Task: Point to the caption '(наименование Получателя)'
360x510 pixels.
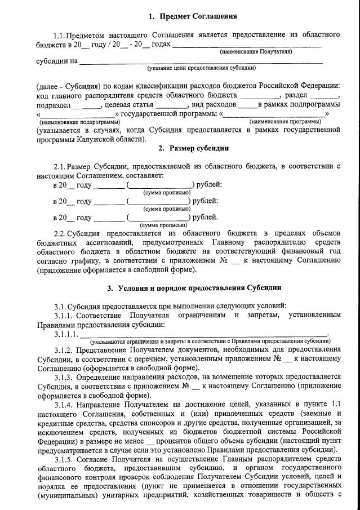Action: [256, 52]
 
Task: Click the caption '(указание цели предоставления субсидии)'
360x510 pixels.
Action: [201, 68]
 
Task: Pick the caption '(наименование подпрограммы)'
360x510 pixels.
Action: [79, 122]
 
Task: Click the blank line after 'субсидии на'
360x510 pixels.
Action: [201, 60]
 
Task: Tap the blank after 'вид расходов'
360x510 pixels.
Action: [248, 105]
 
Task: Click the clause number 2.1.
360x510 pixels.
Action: [59, 167]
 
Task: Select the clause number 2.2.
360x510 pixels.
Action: [59, 233]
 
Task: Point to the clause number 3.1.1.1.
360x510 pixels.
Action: [66, 335]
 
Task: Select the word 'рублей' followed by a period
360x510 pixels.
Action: [205, 217]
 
